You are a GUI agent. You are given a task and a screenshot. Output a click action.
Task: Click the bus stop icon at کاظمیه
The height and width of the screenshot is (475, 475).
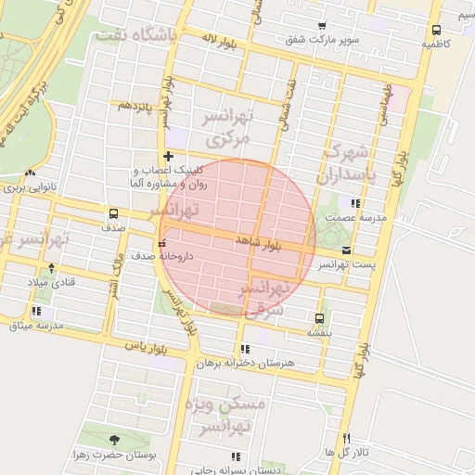point(437,30)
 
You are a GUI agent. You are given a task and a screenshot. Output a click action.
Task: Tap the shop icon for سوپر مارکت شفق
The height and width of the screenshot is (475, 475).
point(322,26)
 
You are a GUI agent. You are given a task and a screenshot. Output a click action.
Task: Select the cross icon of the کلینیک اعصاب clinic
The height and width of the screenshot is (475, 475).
point(168,157)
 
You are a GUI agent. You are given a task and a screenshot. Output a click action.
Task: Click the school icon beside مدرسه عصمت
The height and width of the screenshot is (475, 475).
point(355,203)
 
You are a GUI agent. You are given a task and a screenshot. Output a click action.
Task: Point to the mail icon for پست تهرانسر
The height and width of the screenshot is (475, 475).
point(346,250)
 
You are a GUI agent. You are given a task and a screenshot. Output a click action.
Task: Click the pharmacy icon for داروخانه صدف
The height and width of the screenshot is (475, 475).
point(163,243)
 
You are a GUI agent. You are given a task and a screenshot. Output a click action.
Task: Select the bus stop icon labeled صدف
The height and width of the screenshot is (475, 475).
point(113,212)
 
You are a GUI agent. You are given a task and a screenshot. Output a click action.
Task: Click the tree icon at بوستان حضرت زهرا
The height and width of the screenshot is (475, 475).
point(114,441)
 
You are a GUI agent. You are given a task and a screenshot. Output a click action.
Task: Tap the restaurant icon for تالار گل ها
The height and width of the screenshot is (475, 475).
point(347,438)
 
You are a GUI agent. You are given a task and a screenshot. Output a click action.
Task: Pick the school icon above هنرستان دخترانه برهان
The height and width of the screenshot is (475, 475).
point(245,350)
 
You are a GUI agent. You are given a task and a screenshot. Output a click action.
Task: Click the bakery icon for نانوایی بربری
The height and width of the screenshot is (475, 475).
point(32,173)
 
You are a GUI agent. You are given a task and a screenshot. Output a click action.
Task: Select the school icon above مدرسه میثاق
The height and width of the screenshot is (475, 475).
point(36,312)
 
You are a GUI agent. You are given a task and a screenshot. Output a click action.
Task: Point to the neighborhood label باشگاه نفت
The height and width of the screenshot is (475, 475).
point(134,36)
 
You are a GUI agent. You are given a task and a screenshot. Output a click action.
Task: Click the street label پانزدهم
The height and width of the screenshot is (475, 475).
point(132,105)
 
